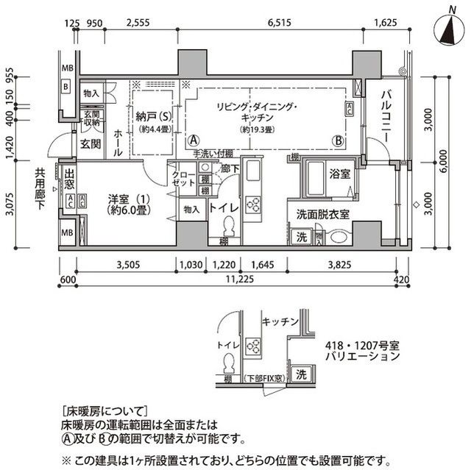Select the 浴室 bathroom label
(339, 175)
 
